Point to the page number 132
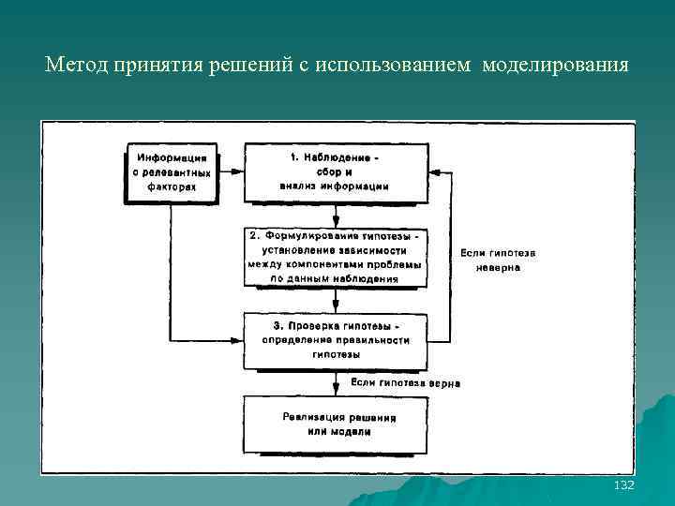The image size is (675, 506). (x=622, y=485)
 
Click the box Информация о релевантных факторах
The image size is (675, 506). (x=172, y=172)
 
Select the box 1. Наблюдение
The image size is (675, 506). (x=335, y=172)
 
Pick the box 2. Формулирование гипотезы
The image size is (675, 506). (x=335, y=257)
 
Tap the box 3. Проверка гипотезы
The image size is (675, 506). (x=335, y=340)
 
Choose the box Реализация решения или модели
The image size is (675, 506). (x=335, y=424)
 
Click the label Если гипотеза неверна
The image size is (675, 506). (x=498, y=260)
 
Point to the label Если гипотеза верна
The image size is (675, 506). (x=406, y=383)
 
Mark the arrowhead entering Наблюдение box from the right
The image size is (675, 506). (x=434, y=172)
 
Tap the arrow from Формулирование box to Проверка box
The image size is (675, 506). (x=336, y=300)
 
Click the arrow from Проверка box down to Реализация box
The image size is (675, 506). (x=336, y=384)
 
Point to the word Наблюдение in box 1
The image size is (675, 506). (x=341, y=158)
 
